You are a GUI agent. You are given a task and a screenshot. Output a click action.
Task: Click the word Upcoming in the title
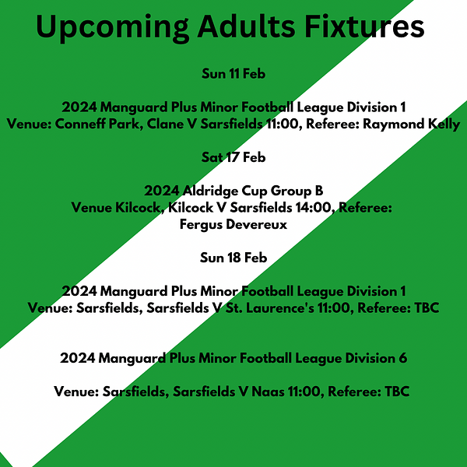tap(112, 27)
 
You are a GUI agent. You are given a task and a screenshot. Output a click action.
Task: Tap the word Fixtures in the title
tap(364, 26)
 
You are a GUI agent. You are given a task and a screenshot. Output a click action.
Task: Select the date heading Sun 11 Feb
tap(233, 74)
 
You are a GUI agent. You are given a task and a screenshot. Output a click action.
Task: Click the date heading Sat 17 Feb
tap(233, 157)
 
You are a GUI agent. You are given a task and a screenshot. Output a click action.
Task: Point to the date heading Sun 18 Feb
tap(233, 258)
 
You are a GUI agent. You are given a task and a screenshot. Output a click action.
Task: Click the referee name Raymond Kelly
tap(411, 125)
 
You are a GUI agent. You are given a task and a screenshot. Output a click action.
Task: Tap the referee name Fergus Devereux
tap(233, 224)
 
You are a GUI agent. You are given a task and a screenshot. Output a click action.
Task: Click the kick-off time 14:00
tap(314, 208)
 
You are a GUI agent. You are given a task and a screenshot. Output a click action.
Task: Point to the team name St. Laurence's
tap(269, 308)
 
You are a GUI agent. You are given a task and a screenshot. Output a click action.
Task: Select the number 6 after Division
tap(402, 358)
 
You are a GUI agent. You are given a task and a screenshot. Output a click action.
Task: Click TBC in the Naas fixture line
tap(397, 392)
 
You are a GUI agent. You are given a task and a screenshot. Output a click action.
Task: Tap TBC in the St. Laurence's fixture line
tap(427, 308)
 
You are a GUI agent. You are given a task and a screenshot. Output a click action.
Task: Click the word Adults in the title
tap(246, 26)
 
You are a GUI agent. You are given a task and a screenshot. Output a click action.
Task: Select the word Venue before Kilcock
tap(91, 208)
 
